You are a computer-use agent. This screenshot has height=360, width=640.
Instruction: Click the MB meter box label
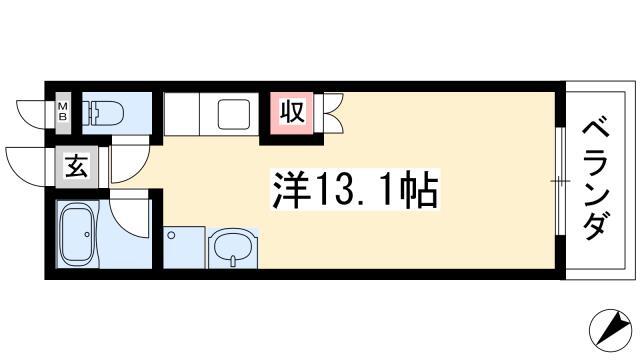coord(63,111)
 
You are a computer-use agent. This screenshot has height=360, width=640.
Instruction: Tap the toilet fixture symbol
coord(103,113)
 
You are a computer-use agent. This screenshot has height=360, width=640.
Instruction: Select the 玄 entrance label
coord(77,167)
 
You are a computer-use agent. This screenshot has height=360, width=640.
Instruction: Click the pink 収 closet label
coord(292,112)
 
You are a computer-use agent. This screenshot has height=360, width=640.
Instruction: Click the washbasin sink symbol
coord(233,248)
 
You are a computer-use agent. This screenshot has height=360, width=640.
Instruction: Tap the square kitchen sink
coord(233,114)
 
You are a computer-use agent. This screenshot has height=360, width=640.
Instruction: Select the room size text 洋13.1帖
coord(355,190)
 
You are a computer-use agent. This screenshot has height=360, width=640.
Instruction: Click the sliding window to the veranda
coord(560,181)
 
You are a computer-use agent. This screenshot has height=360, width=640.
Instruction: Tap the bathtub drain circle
coord(87,234)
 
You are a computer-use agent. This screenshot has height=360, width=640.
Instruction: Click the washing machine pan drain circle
coord(171,235)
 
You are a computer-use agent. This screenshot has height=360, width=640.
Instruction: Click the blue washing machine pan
coord(184,247)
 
